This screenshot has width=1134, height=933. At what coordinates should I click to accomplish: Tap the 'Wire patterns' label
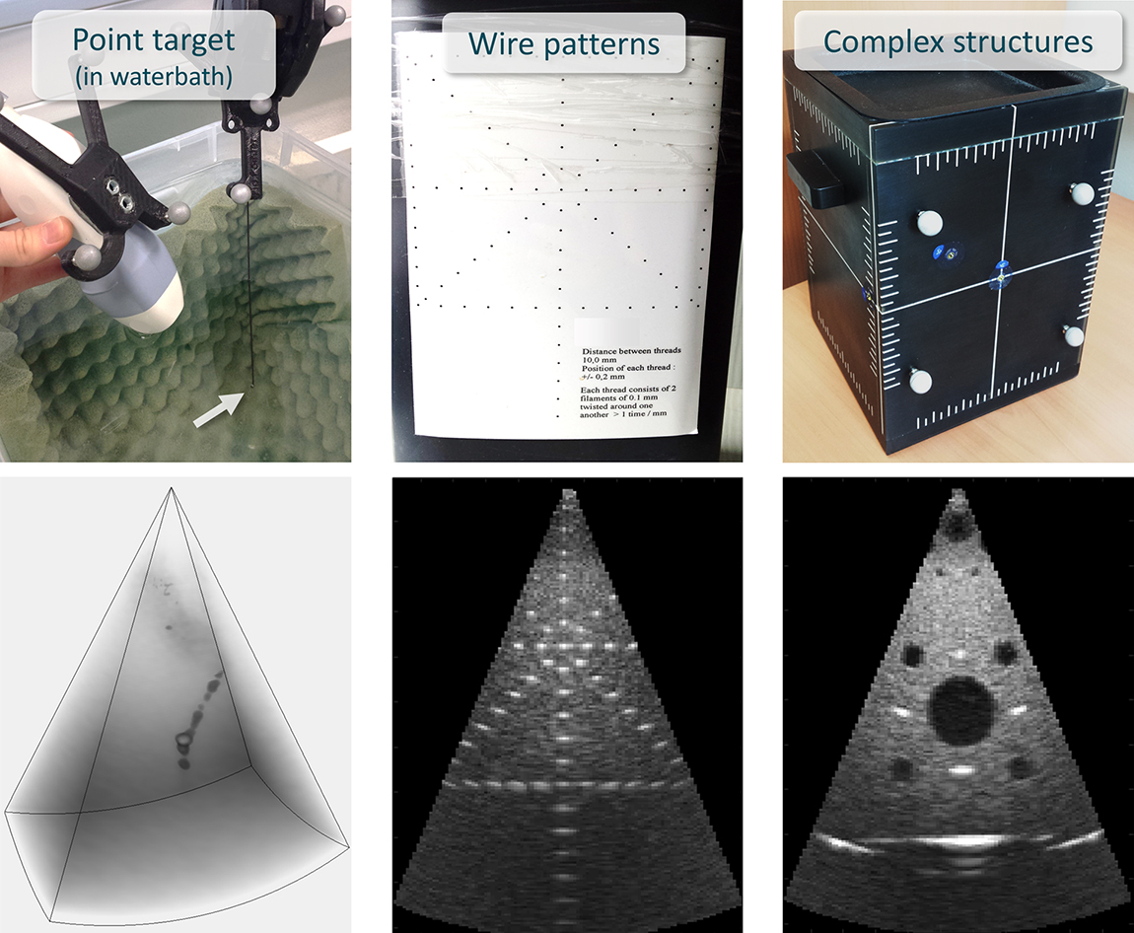564,43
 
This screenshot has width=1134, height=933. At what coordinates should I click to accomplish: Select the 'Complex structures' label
957,41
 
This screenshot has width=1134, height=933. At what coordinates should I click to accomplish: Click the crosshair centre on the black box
1000,277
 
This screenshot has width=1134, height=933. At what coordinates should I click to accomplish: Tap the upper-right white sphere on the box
1083,193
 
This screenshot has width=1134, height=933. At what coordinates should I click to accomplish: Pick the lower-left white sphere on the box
919,381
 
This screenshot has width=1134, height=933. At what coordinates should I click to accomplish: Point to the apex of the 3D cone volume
172,488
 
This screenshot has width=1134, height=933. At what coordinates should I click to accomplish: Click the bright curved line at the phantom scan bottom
960,841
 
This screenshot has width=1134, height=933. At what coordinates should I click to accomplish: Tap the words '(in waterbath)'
153,76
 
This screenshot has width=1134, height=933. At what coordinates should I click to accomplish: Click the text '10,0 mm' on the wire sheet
599,359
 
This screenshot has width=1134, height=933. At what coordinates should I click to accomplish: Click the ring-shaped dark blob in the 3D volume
183,740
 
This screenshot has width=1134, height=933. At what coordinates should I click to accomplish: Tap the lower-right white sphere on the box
1074,336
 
